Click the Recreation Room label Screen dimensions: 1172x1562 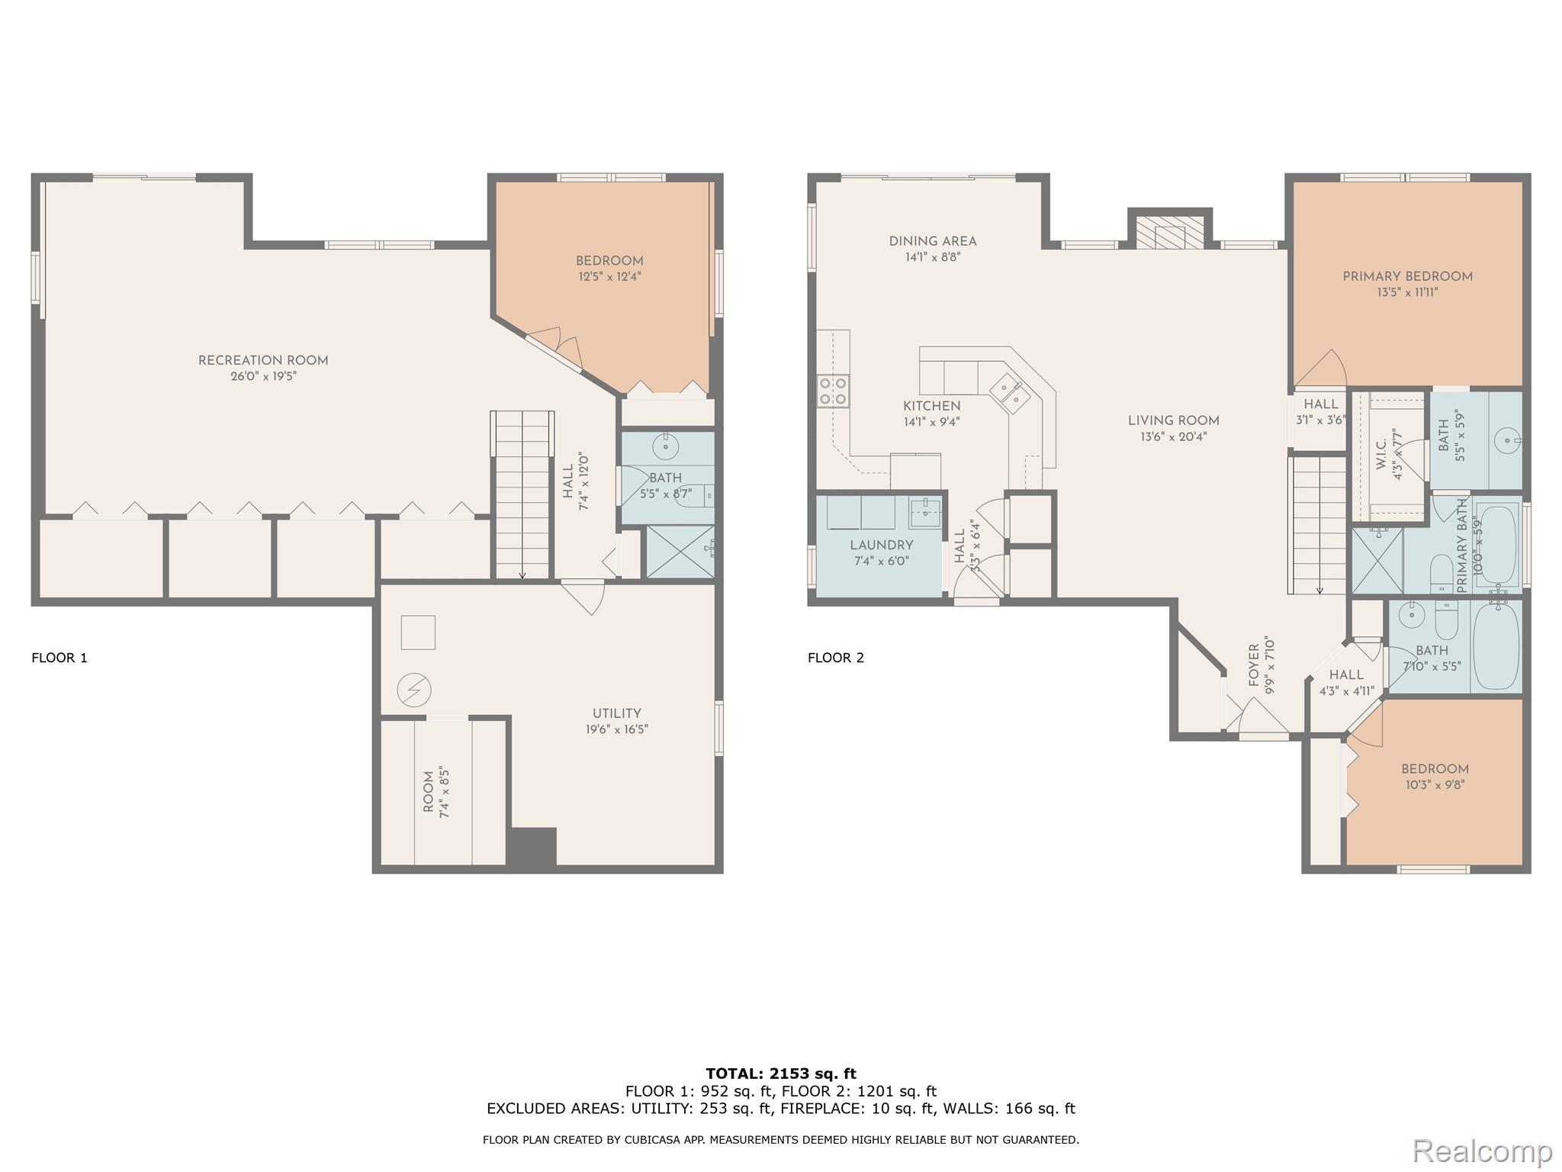[x=263, y=360]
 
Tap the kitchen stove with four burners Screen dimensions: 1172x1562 [x=833, y=391]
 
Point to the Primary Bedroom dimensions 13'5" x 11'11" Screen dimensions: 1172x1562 [x=1406, y=292]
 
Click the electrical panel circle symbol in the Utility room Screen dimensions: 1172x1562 [x=414, y=691]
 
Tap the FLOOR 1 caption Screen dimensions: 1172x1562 [x=59, y=658]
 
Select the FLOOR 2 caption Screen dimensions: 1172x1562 [x=836, y=658]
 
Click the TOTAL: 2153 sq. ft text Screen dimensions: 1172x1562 [x=781, y=1074]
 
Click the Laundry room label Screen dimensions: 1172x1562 [x=881, y=545]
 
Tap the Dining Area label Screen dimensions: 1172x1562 [x=932, y=241]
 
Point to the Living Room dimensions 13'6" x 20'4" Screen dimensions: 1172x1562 [x=1173, y=437]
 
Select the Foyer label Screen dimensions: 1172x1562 [x=1254, y=665]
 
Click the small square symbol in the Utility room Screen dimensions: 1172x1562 [x=418, y=633]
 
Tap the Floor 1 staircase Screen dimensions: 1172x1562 [x=522, y=496]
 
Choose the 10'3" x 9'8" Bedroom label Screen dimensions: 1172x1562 [x=1434, y=769]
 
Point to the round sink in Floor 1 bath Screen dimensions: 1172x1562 [x=666, y=445]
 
